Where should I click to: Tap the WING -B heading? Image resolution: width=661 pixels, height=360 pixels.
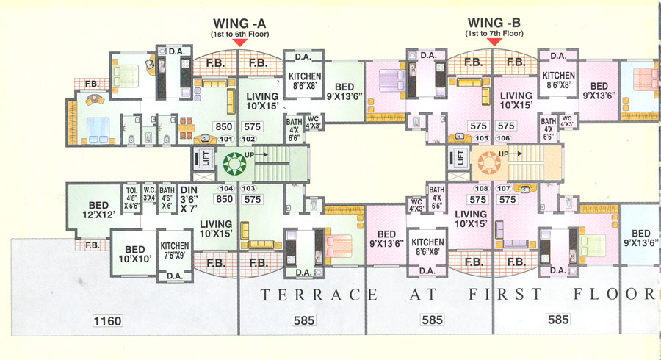click(x=494, y=24)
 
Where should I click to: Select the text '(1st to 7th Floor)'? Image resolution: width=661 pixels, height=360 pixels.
click(x=494, y=34)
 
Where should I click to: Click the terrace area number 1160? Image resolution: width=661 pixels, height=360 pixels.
click(x=107, y=320)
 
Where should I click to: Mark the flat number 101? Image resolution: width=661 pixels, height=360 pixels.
click(x=226, y=139)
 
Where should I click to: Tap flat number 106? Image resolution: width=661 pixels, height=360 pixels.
click(x=503, y=139)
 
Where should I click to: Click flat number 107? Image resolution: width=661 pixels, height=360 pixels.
click(x=503, y=189)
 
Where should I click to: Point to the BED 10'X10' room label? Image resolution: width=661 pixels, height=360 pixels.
click(x=134, y=253)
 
